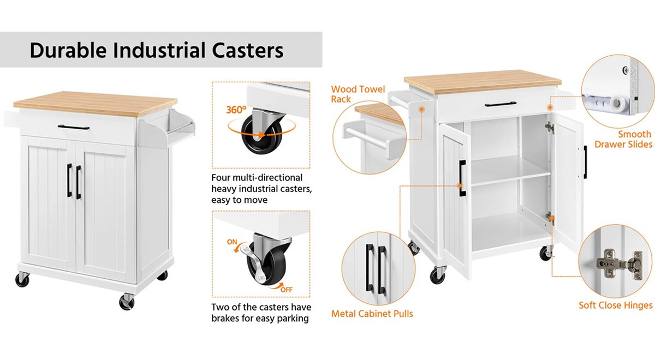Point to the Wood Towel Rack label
pyautogui.click(x=358, y=94)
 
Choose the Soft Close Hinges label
pyautogui.click(x=615, y=305)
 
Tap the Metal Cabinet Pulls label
pyautogui.click(x=372, y=314)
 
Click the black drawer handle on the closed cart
pyautogui.click(x=74, y=128)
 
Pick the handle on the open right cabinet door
pyautogui.click(x=585, y=161)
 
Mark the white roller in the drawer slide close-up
pyautogui.click(x=617, y=101)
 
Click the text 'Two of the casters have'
pyautogui.click(x=261, y=307)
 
